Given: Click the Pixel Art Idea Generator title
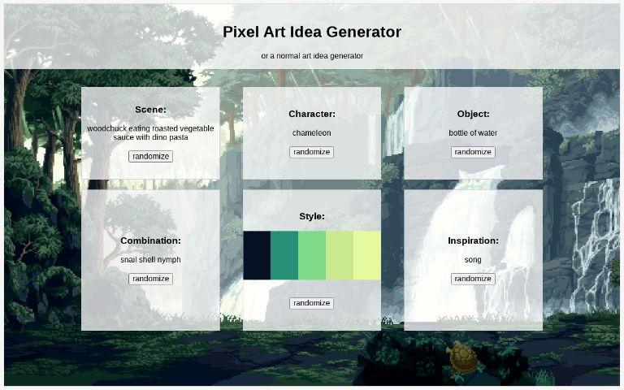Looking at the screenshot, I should pyautogui.click(x=312, y=32).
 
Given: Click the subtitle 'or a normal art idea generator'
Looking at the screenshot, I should pyautogui.click(x=312, y=56).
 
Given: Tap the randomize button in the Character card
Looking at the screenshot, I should pyautogui.click(x=312, y=152).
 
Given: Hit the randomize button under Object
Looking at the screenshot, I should pyautogui.click(x=473, y=152).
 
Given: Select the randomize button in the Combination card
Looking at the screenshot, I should pyautogui.click(x=150, y=279).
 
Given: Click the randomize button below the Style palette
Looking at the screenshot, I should pyautogui.click(x=312, y=303).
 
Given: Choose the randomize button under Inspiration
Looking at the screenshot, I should pyautogui.click(x=473, y=279).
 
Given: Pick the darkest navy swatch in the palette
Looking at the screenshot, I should pyautogui.click(x=257, y=255).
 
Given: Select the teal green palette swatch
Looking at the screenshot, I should pyautogui.click(x=284, y=255).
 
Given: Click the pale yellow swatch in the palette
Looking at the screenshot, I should pyautogui.click(x=367, y=255).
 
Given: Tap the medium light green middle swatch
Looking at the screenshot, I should pyautogui.click(x=312, y=255).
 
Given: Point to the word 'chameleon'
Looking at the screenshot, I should pyautogui.click(x=312, y=133).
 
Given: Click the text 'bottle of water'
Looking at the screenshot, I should pyautogui.click(x=473, y=133).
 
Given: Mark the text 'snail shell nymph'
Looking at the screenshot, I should pyautogui.click(x=150, y=260).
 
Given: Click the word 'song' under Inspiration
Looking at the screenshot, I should pyautogui.click(x=473, y=260).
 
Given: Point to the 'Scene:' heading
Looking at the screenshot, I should pyautogui.click(x=150, y=110).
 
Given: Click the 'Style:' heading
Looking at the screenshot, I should pyautogui.click(x=312, y=216).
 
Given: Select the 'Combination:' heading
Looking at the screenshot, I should pyautogui.click(x=150, y=240).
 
